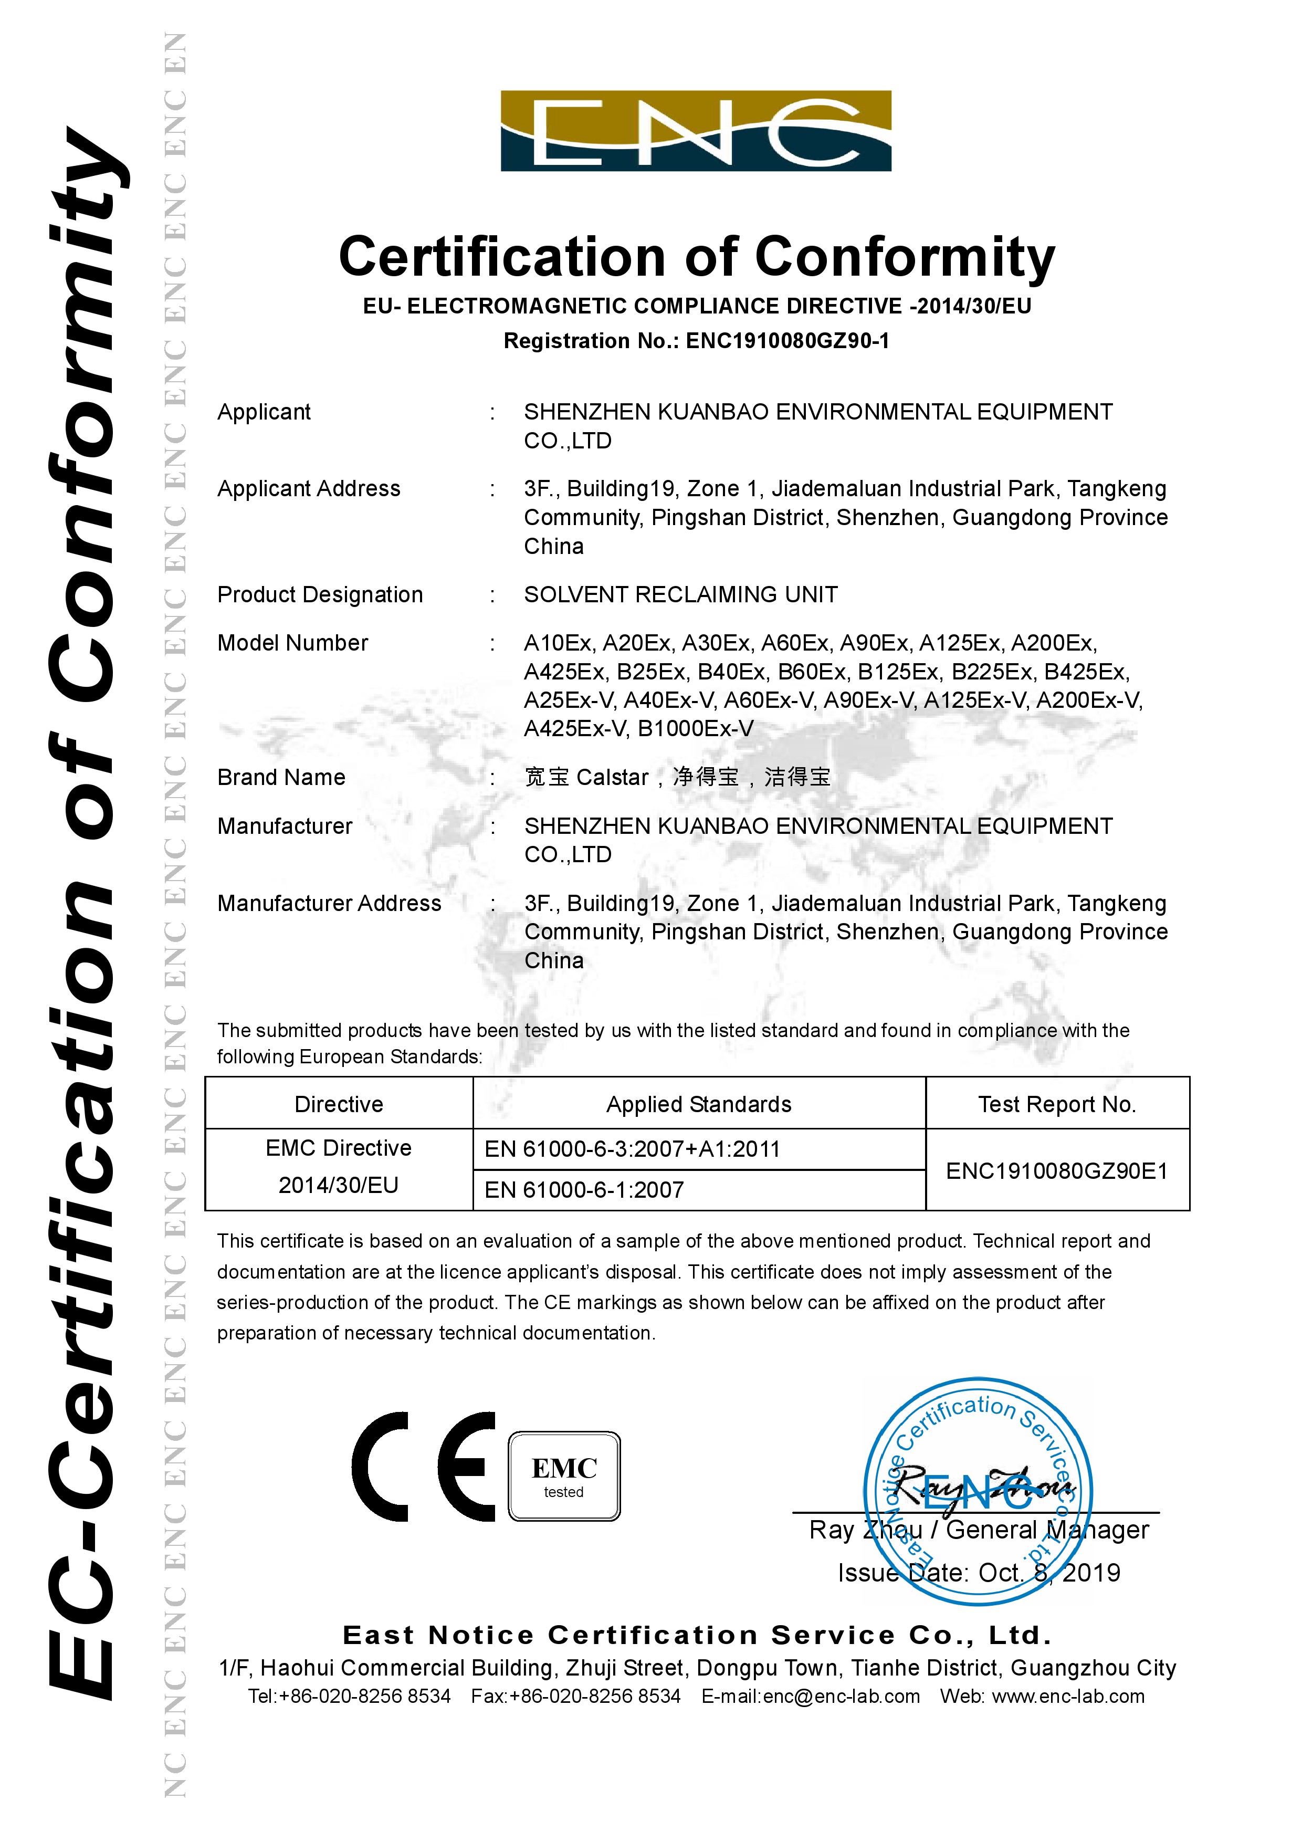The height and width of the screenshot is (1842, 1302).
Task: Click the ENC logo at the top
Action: [x=696, y=131]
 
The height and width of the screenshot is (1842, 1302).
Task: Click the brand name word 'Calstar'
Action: [x=612, y=778]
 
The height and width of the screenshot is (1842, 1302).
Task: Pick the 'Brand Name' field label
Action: [x=281, y=778]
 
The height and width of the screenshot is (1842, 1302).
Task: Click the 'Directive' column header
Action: [x=339, y=1105]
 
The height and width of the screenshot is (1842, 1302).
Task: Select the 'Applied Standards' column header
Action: [x=699, y=1105]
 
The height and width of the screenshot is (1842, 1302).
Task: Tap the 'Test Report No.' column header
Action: [x=1056, y=1105]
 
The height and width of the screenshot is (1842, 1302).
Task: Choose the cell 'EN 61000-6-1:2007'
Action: [x=584, y=1190]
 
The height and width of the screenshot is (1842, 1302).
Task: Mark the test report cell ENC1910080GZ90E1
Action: [x=1056, y=1171]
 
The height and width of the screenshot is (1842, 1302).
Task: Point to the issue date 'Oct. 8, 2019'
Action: [x=1048, y=1573]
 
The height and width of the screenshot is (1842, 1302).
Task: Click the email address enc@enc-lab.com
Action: [x=842, y=1696]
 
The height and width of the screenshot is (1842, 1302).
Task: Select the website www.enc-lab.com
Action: [x=1068, y=1696]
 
